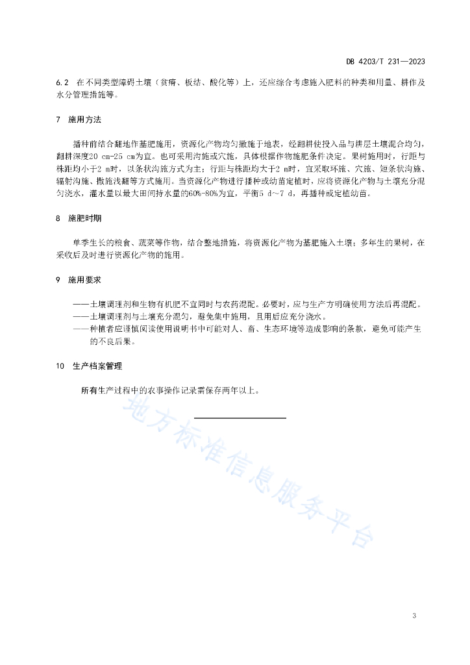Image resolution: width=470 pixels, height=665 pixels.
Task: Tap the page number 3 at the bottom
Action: (x=414, y=615)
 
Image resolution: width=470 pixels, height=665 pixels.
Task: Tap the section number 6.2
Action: (x=62, y=83)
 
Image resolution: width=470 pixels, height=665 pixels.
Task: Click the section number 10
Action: (x=60, y=366)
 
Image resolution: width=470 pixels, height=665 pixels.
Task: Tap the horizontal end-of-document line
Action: (x=240, y=418)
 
